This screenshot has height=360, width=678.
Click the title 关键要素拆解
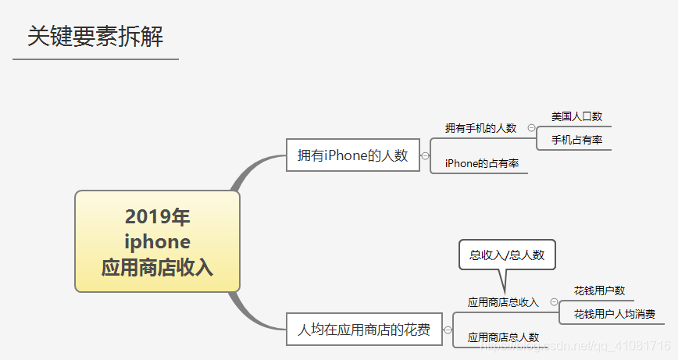(x=95, y=37)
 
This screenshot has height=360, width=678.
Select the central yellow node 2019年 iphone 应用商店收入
(x=157, y=241)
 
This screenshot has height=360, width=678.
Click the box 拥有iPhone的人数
(x=353, y=155)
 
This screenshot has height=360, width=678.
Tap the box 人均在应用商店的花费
(x=364, y=330)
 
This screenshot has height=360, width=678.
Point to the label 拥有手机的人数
(x=480, y=128)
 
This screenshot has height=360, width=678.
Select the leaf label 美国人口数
(x=576, y=116)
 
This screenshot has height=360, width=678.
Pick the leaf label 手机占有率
(x=576, y=140)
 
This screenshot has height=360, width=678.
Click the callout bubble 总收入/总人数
(x=507, y=255)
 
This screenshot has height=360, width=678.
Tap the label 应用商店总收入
(x=503, y=302)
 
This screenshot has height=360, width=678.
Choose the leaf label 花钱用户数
(x=599, y=290)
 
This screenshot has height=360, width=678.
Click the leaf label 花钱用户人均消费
(x=614, y=314)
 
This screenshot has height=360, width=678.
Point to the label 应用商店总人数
(x=503, y=337)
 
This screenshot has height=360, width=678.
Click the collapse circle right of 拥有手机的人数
(x=531, y=128)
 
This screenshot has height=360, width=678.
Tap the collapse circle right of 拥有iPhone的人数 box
(x=426, y=155)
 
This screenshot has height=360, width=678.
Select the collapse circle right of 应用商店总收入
(x=554, y=302)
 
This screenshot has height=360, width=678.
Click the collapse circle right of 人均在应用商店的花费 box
(x=448, y=330)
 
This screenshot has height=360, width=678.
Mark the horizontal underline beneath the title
(x=95, y=59)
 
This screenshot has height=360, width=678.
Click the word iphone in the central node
(x=157, y=241)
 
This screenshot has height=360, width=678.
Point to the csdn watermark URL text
(x=578, y=345)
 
